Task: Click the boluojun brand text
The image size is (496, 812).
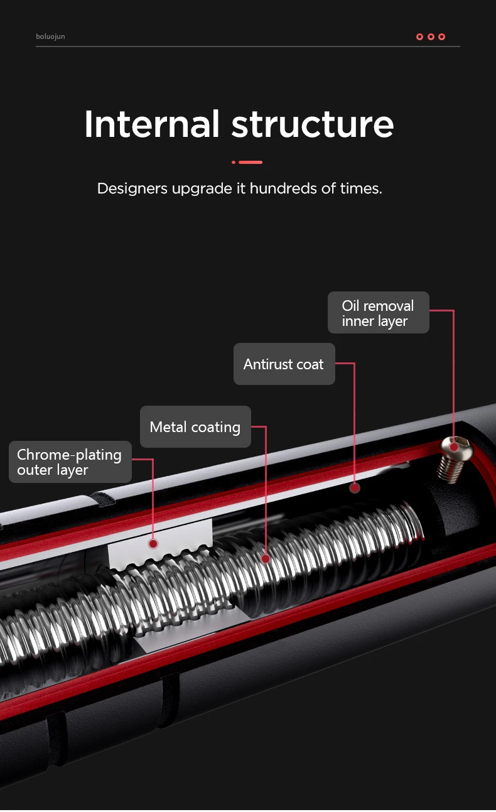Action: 50,36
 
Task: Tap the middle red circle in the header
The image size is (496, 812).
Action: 431,36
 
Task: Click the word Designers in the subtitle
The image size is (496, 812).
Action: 132,188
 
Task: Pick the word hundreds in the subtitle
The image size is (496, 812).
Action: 283,188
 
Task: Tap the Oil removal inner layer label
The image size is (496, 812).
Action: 378,313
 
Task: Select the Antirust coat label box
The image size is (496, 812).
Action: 284,364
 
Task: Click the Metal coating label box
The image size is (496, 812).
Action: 195,427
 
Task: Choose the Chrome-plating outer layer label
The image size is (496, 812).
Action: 70,462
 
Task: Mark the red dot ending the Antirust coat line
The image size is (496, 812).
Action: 355,488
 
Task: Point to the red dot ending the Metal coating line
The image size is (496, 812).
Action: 266,558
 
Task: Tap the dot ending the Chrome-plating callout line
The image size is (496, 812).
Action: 153,543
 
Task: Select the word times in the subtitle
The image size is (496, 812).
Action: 360,188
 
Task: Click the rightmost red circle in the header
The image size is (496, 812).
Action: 442,36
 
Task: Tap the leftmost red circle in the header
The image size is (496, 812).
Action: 419,36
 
